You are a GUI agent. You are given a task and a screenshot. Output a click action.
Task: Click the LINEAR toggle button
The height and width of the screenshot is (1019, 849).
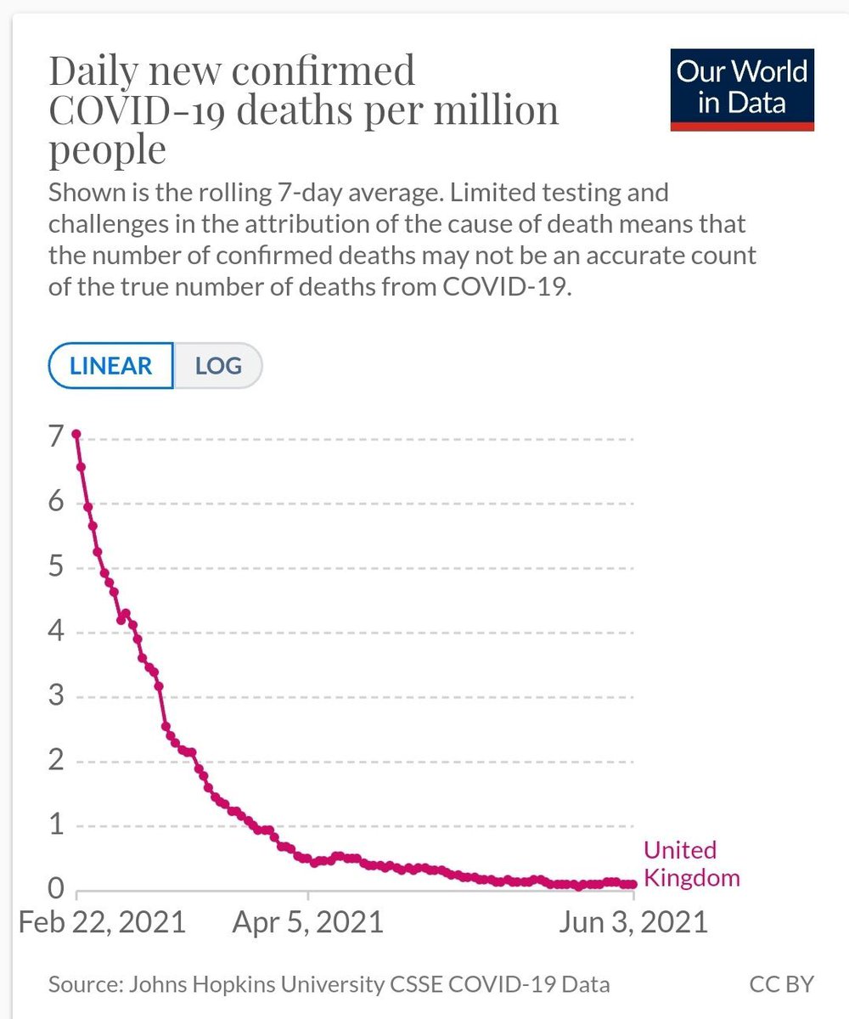(x=111, y=366)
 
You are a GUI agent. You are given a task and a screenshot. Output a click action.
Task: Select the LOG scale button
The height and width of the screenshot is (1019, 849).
(x=218, y=366)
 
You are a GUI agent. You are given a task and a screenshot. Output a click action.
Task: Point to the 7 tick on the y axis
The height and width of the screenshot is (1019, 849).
(x=56, y=438)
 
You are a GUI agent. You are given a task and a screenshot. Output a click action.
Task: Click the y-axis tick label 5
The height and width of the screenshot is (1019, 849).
(x=56, y=567)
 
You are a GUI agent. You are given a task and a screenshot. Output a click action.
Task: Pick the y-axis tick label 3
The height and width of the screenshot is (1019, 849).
(x=56, y=696)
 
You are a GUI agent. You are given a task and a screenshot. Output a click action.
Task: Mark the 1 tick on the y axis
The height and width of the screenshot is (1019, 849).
(x=56, y=825)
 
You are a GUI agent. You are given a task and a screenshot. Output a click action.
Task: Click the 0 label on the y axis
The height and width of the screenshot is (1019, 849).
(x=56, y=889)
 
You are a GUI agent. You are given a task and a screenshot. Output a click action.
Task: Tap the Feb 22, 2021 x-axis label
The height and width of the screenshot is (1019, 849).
(x=102, y=921)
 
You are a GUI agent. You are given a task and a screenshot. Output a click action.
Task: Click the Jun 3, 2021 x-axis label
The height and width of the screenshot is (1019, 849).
(x=633, y=921)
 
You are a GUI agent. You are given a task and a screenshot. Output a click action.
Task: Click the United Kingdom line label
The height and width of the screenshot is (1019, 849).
(x=691, y=864)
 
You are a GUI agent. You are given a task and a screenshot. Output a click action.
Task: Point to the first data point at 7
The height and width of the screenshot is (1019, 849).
(x=76, y=434)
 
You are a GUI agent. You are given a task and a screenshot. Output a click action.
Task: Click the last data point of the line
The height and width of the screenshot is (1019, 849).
(x=633, y=884)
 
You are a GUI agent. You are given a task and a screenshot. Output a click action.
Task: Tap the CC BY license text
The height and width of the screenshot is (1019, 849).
(x=781, y=985)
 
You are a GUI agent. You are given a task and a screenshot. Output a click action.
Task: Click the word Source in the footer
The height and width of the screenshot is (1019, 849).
(x=82, y=985)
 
